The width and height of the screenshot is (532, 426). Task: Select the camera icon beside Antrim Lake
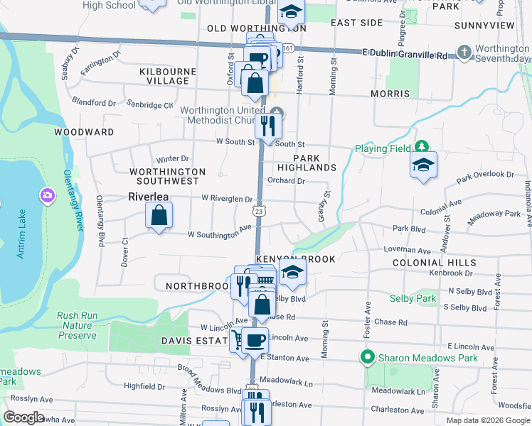(x=48, y=194)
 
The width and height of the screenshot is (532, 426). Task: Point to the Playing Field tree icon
(x=422, y=147)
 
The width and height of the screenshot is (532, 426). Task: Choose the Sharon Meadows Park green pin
(x=367, y=357)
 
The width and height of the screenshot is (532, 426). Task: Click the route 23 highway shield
(x=260, y=211)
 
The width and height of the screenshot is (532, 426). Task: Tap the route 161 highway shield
(x=287, y=48)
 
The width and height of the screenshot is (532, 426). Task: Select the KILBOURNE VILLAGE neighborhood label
(x=164, y=77)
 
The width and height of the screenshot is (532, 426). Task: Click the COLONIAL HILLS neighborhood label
(x=434, y=263)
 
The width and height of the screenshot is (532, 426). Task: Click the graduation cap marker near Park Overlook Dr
(x=423, y=166)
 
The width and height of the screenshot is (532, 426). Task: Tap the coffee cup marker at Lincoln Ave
(x=255, y=340)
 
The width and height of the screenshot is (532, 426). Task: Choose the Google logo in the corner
(x=24, y=417)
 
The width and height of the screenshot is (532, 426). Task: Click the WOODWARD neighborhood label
(x=84, y=132)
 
